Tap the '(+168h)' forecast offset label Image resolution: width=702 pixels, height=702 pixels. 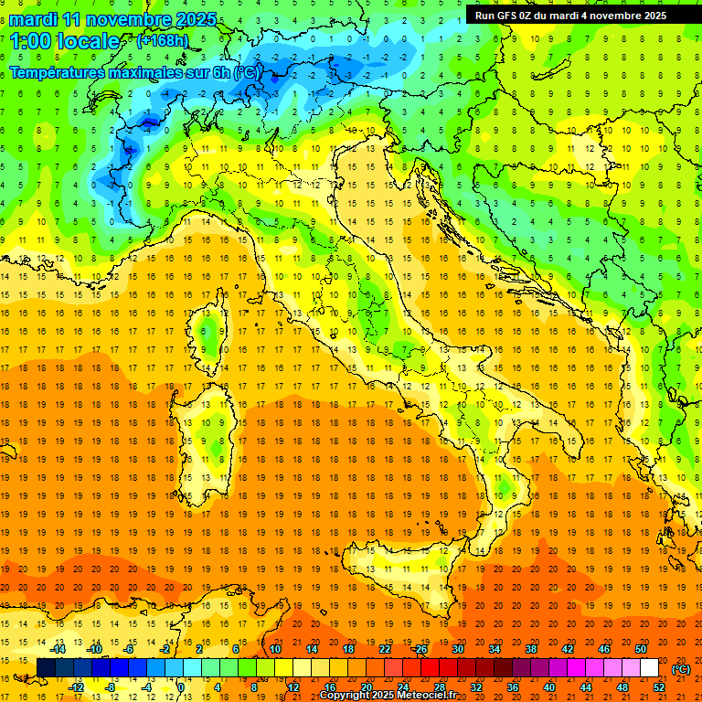coord(162,41)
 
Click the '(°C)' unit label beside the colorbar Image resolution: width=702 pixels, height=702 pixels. coord(681,669)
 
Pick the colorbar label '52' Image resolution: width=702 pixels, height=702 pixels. coord(659,687)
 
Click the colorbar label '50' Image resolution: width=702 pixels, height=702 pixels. coord(641,649)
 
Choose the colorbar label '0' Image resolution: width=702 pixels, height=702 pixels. coord(181,687)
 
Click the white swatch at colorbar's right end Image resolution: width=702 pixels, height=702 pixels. coord(650,668)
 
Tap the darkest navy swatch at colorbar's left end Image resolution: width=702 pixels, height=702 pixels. coord(47,668)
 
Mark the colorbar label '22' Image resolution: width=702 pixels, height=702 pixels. coord(385,649)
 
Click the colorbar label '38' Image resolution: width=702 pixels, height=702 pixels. coord(531,649)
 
